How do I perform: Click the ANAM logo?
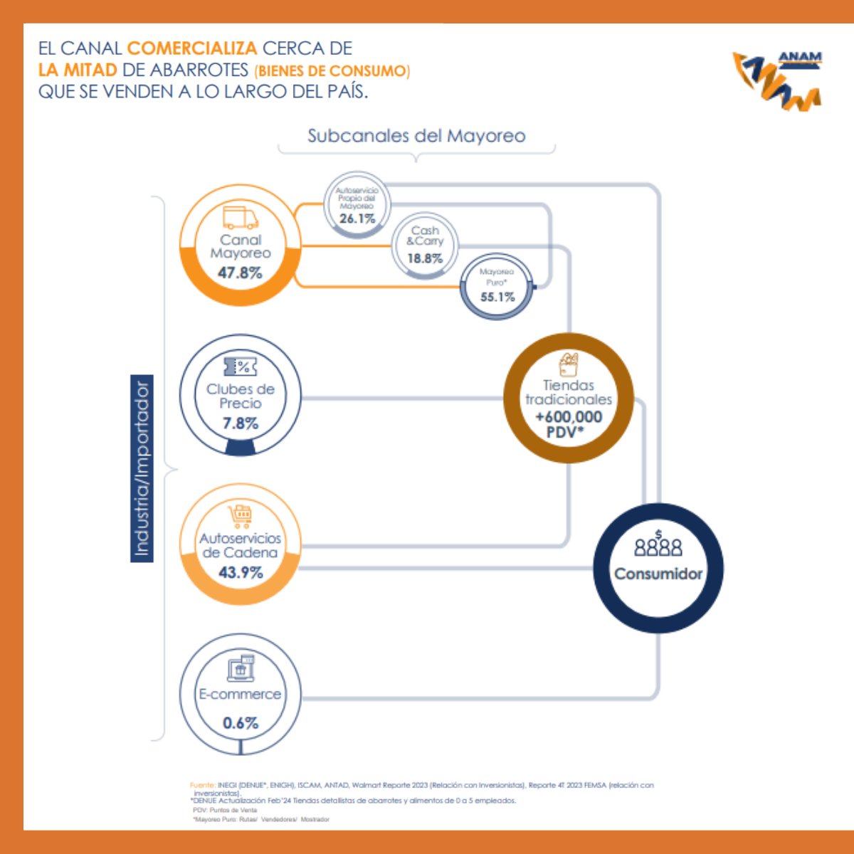778,80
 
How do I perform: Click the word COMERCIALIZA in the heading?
192,48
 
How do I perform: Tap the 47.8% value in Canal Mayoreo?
240,273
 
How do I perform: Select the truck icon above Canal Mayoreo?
241,217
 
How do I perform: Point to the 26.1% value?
357,218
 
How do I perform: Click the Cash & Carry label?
425,236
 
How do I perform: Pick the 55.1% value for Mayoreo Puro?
497,297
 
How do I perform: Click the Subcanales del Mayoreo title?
416,136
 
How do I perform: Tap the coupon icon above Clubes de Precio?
240,367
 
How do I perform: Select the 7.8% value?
240,423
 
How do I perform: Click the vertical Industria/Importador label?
142,468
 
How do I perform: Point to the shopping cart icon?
240,513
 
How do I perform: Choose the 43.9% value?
241,572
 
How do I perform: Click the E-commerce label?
240,694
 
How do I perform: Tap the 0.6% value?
240,723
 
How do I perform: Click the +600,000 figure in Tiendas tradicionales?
569,417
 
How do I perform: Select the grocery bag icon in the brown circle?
568,364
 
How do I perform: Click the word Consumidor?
658,574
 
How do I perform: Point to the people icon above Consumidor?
658,545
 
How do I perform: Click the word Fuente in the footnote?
202,785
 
